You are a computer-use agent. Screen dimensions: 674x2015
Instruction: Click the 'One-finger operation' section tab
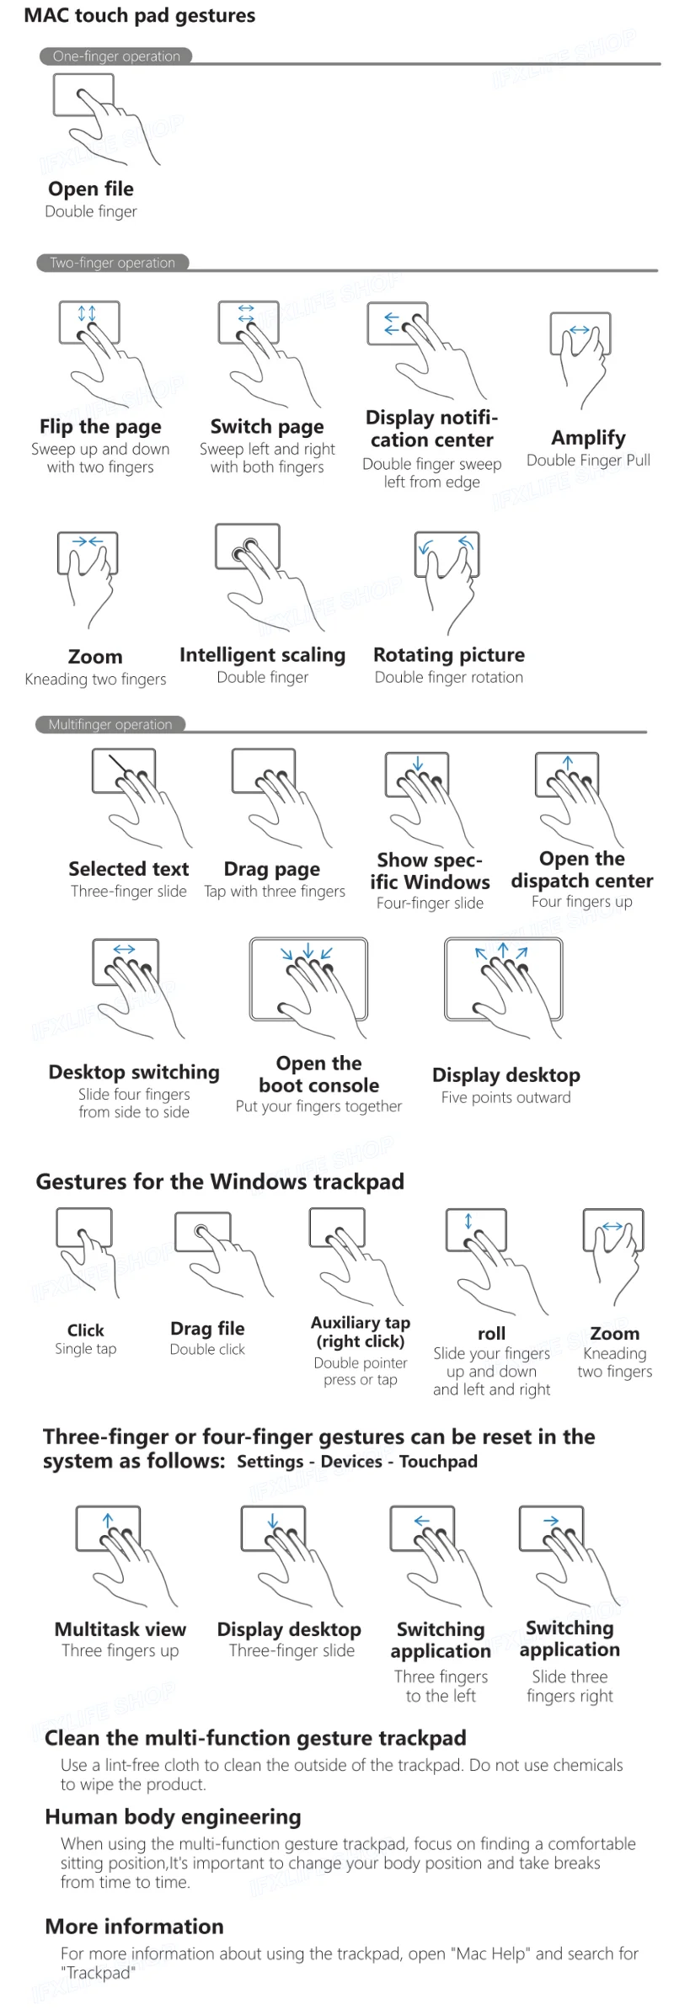click(116, 56)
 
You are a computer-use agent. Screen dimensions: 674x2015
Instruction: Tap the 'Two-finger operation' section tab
click(113, 263)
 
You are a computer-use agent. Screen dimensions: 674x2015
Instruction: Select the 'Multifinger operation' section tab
click(110, 724)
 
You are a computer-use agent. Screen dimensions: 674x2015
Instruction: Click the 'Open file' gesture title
click(91, 189)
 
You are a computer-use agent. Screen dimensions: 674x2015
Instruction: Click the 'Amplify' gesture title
click(588, 438)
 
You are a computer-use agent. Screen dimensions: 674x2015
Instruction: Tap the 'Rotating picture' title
click(449, 655)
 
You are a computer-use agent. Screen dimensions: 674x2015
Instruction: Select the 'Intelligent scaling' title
click(262, 655)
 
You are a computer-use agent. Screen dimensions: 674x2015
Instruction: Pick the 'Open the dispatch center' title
click(582, 870)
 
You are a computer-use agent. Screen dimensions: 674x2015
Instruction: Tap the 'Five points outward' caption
click(505, 1097)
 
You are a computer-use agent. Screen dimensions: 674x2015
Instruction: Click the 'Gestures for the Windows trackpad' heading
click(220, 1181)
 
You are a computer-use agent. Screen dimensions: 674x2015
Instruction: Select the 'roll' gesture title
click(491, 1334)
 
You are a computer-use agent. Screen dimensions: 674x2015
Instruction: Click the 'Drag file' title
click(207, 1329)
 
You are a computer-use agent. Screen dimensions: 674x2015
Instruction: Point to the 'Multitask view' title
click(120, 1629)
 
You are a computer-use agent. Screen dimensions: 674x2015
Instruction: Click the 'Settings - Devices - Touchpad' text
click(357, 1462)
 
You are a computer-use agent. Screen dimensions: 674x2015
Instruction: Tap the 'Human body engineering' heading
click(173, 1817)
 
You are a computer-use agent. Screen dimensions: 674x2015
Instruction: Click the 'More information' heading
click(135, 1927)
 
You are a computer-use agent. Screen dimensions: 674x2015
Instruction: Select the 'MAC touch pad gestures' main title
click(140, 15)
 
